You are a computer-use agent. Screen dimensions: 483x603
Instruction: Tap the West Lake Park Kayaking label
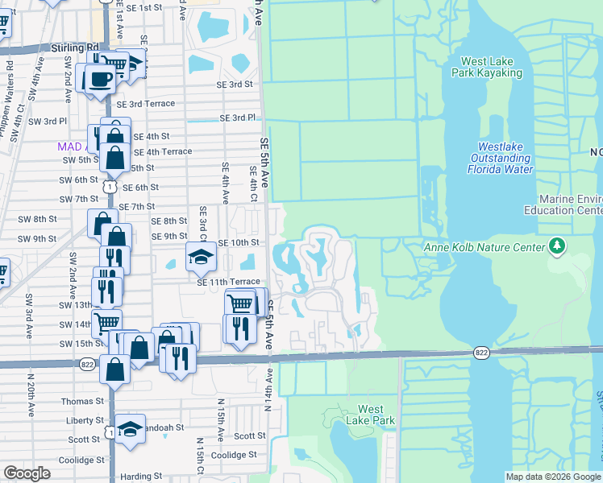[491, 67]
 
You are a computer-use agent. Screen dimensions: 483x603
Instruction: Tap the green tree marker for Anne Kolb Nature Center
[555, 245]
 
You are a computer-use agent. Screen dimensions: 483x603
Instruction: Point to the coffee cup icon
[99, 79]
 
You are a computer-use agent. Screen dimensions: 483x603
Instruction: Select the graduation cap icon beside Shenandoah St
[129, 428]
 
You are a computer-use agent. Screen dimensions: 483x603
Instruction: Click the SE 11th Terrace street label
[229, 283]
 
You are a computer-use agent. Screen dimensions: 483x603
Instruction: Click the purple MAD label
[69, 147]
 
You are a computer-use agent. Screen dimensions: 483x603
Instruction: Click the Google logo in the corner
[27, 473]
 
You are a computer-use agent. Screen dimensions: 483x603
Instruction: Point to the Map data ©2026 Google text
[553, 477]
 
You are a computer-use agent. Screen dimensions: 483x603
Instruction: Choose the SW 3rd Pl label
[48, 121]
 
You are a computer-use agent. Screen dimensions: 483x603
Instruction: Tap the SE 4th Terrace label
[163, 151]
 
